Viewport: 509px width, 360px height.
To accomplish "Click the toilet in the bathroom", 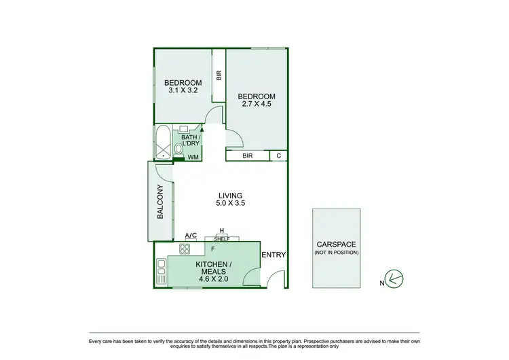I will pyautogui.click(x=178, y=148).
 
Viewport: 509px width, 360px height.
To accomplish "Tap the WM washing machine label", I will pyautogui.click(x=193, y=158).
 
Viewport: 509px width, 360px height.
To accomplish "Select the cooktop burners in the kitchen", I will pyautogui.click(x=183, y=251).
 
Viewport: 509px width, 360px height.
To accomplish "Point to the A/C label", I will pyautogui.click(x=191, y=236).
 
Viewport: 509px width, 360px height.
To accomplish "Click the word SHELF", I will pyautogui.click(x=221, y=238).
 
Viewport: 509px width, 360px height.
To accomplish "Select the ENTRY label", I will pyautogui.click(x=274, y=255).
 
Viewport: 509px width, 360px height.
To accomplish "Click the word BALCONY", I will pyautogui.click(x=161, y=202).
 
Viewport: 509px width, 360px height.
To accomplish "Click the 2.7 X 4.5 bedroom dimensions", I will pyautogui.click(x=257, y=104).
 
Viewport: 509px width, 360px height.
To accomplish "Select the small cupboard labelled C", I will pyautogui.click(x=279, y=156).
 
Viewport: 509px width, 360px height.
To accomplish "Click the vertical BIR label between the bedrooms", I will pyautogui.click(x=219, y=76).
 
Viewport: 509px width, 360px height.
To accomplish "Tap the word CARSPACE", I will pyautogui.click(x=337, y=245).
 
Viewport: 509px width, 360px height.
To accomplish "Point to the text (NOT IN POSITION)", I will pyautogui.click(x=337, y=253).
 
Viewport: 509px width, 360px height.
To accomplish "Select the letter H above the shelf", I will pyautogui.click(x=221, y=231).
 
